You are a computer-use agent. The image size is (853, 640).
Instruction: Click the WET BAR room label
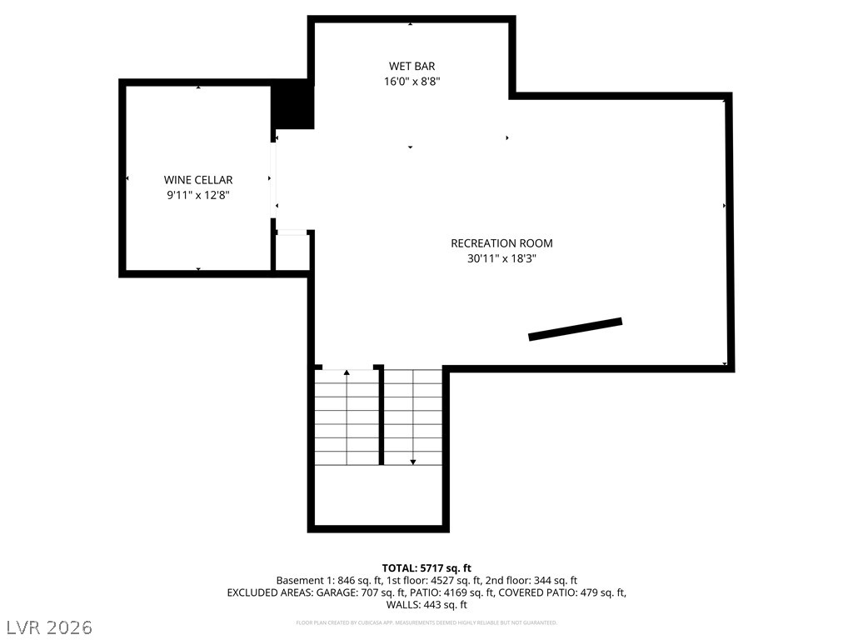coord(412,66)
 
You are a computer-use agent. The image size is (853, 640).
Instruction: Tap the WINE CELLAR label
coord(198,179)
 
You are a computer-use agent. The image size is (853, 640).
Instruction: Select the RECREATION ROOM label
coord(501,243)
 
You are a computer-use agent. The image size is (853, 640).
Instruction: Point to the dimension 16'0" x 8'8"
coord(412,82)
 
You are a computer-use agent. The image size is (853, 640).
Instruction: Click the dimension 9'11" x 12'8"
coord(198,195)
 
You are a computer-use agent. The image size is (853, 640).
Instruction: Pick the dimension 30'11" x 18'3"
coord(501,258)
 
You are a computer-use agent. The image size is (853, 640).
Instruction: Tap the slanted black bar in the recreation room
coord(576,329)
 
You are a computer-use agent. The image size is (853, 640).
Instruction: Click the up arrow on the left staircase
coord(347,372)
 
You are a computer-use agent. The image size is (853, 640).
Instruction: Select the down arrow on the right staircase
coord(412,460)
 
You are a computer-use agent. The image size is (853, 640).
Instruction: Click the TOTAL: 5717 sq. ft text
coord(426,567)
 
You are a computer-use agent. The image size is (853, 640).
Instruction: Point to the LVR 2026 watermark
coord(50,626)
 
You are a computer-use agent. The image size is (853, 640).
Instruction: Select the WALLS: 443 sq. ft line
coord(426,605)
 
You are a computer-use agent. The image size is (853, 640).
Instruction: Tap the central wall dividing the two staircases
coord(382,415)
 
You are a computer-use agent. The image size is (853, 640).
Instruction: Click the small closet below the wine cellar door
coord(292,252)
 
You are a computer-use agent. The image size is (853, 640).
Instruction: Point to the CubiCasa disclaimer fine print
coord(426,622)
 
